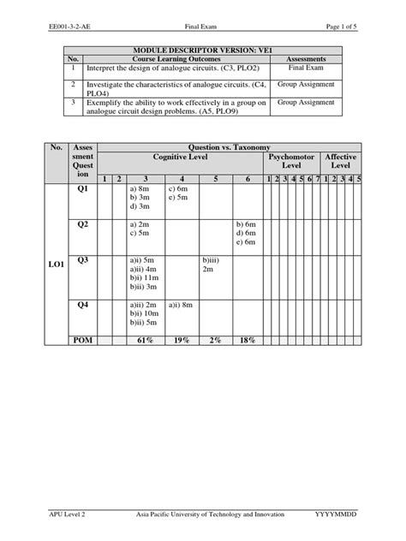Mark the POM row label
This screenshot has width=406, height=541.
coord(83,341)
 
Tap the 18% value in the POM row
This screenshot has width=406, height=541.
coord(248,341)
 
